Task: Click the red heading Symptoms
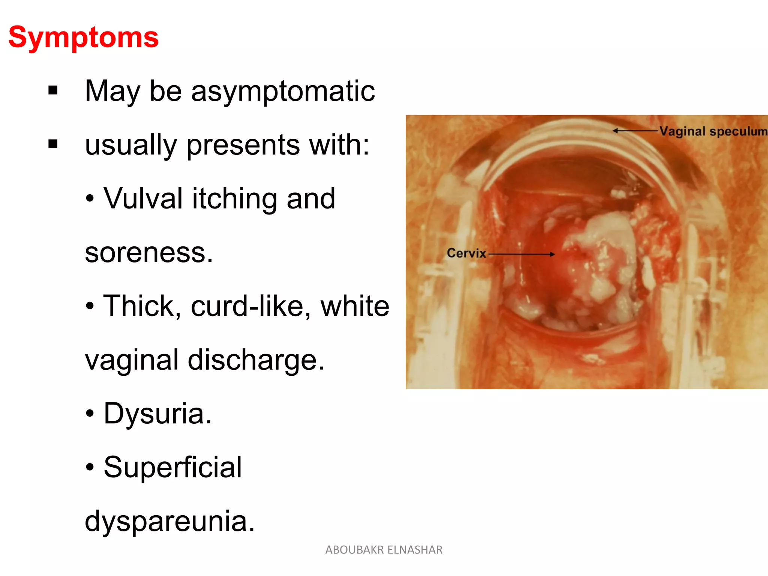pos(83,37)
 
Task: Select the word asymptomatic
pos(283,91)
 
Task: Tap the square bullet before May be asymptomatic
pos(53,90)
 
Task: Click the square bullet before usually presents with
pos(53,144)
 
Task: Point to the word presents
pos(243,145)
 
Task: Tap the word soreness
pos(148,253)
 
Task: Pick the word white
pos(355,306)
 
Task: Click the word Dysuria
pos(157,414)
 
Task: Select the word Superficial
pos(172,467)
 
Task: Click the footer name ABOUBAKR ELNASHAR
pos(384,550)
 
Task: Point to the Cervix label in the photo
pos(466,253)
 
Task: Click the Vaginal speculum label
pos(713,131)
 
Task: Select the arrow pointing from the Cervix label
pos(521,254)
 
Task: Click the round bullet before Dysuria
pos(90,414)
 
